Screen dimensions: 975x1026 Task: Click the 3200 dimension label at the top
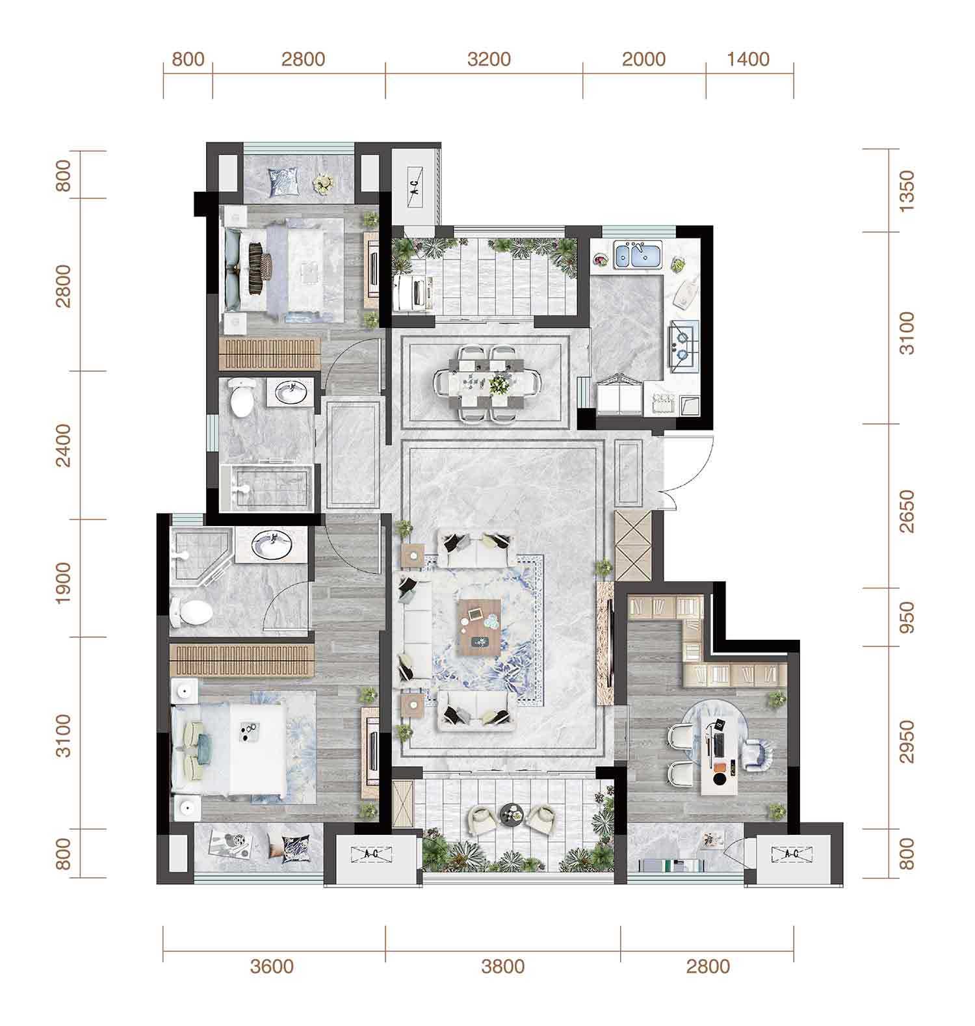pos(489,59)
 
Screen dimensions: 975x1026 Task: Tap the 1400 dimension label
pos(749,59)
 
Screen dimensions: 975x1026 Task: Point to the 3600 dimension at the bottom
pos(272,966)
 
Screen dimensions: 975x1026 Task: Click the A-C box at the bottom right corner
pos(791,854)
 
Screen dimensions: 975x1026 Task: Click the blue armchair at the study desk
pos(759,754)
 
